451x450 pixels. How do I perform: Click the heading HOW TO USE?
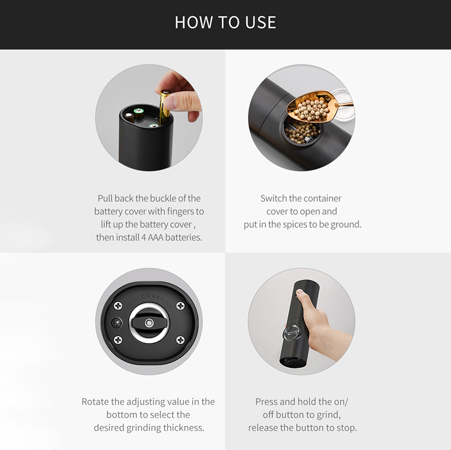coord(225,22)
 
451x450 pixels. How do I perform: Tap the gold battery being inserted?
coord(164,108)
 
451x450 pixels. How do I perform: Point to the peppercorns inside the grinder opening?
coord(302,132)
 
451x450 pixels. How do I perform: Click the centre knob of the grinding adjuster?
coord(149,323)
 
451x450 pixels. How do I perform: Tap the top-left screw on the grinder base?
coord(118,306)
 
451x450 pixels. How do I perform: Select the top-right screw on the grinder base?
coord(180,306)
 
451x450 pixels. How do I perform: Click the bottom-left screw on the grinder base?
coord(118,340)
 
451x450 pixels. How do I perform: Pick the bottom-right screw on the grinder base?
coord(180,340)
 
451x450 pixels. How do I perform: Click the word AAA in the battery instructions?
coord(156,237)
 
